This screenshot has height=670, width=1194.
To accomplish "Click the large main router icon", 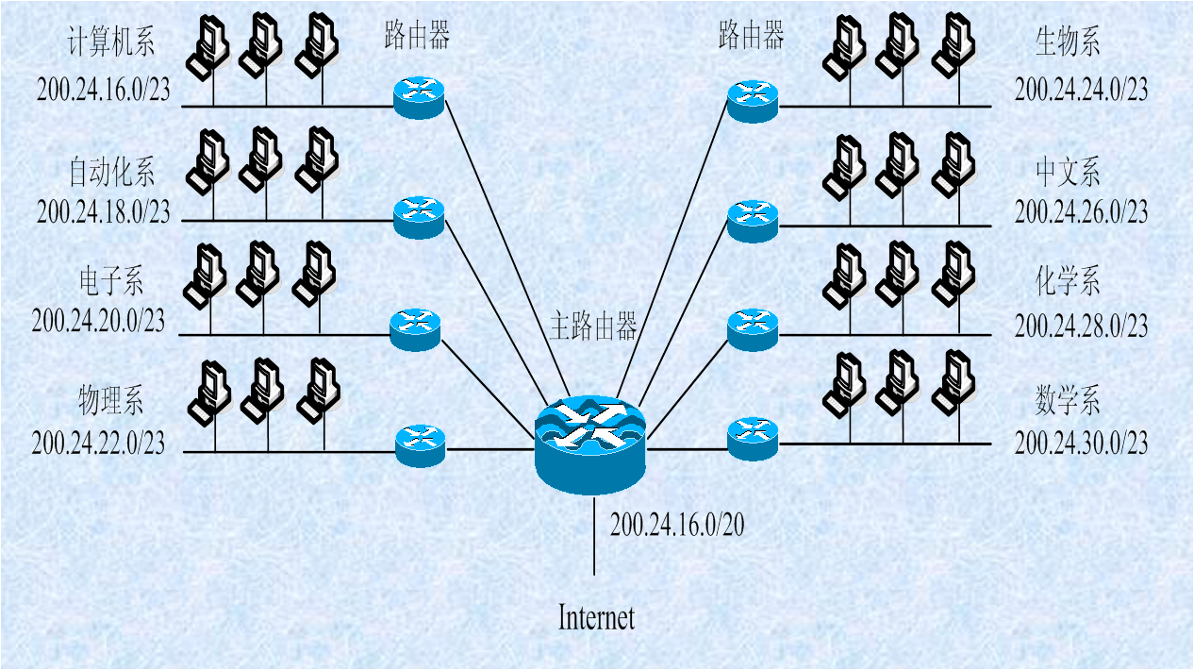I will tap(590, 444).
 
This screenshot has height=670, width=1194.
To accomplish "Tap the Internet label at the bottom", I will tap(596, 618).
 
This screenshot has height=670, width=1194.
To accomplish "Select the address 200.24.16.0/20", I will tap(677, 526).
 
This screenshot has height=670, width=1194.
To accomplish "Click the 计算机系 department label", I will tap(111, 42).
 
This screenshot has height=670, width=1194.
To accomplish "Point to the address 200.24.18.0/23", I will tap(104, 211).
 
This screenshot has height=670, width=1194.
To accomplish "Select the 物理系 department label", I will tap(110, 402).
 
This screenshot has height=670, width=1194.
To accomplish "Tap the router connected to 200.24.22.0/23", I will tap(420, 444).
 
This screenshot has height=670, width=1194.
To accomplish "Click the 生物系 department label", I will tap(1068, 42).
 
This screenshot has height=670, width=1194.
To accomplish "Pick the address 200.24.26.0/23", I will tap(1081, 211).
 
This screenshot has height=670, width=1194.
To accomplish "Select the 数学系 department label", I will tap(1068, 402).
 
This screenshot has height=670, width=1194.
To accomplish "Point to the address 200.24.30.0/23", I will tap(1081, 443).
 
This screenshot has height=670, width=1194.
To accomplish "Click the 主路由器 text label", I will tap(593, 327).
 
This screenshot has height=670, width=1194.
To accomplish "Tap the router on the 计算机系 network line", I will tap(419, 97).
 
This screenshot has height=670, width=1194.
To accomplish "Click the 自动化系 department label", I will tap(111, 172).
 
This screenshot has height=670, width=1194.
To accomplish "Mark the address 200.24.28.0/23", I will tap(1081, 327).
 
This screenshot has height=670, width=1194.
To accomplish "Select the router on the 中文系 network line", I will tap(753, 220).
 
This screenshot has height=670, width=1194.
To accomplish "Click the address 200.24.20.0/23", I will tap(98, 321).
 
